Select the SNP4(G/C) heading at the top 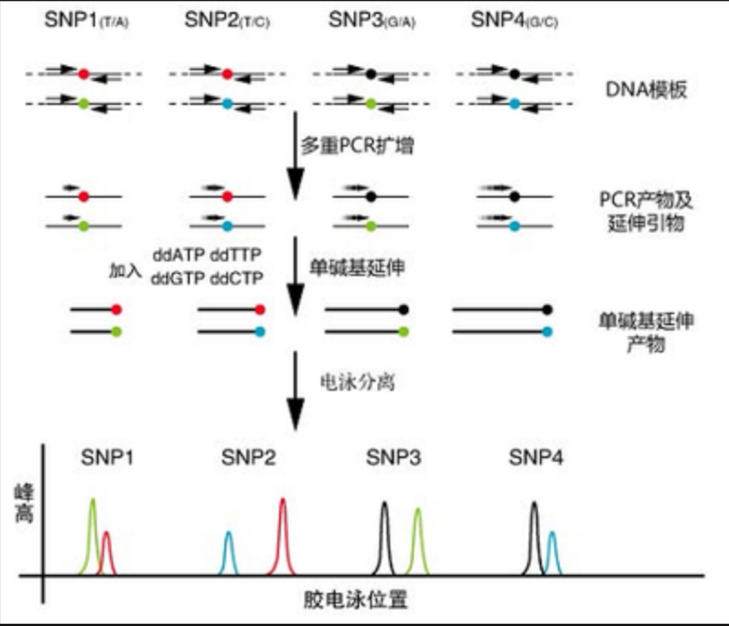(x=514, y=21)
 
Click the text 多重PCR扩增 (x=357, y=146)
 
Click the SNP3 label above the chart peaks (x=394, y=458)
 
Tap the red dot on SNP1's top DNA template (x=83, y=74)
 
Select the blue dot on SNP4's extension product (x=547, y=331)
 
